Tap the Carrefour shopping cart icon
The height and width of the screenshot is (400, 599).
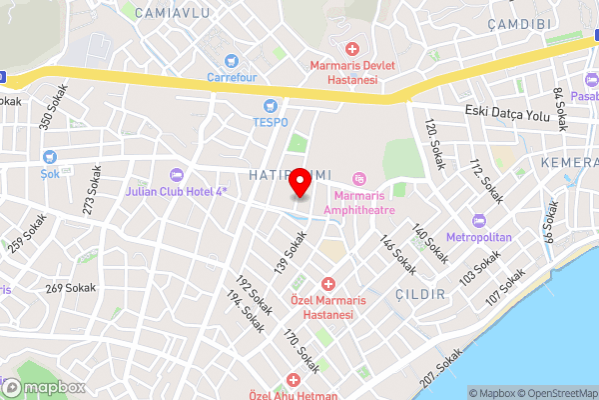(231, 61)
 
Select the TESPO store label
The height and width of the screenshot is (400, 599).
(269, 121)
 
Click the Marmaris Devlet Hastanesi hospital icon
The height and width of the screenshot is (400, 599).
(350, 49)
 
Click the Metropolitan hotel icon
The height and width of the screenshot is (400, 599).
(478, 220)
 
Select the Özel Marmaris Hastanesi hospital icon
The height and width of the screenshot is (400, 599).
(327, 285)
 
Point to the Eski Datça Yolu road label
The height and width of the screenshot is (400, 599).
(508, 116)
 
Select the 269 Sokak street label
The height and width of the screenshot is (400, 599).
(68, 288)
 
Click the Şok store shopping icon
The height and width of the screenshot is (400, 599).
(51, 156)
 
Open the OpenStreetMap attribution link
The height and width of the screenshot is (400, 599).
(553, 393)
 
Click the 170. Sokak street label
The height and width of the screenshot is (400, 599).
(301, 352)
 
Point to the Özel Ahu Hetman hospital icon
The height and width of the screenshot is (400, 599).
(293, 380)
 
